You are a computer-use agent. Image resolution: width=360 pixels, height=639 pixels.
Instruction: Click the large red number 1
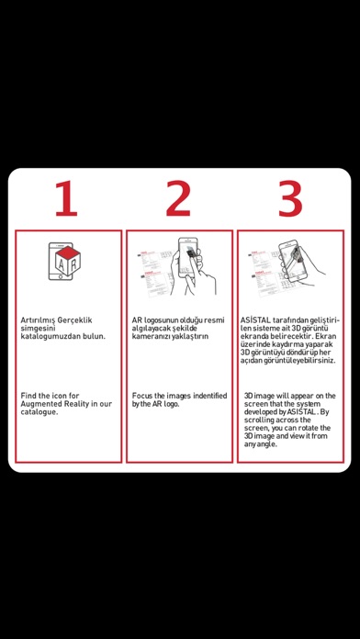point(66,198)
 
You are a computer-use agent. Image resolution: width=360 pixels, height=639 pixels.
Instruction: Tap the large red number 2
point(178,198)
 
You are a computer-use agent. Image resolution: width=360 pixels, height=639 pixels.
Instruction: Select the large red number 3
point(290,198)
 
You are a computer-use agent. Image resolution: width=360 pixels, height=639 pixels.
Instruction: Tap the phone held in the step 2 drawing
point(188,258)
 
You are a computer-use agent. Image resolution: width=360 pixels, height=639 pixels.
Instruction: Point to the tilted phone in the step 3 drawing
point(293,261)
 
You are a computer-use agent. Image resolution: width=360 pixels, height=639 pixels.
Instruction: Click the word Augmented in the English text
point(39,404)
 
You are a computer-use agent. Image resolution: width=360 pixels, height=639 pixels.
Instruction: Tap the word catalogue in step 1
point(39,412)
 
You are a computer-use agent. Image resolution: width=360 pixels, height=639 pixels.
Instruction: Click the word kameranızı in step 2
point(150,337)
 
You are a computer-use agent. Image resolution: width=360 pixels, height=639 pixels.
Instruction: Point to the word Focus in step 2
point(142,396)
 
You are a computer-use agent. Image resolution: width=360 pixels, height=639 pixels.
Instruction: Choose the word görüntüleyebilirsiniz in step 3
point(302,361)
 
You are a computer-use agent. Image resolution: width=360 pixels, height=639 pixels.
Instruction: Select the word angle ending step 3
point(269,444)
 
